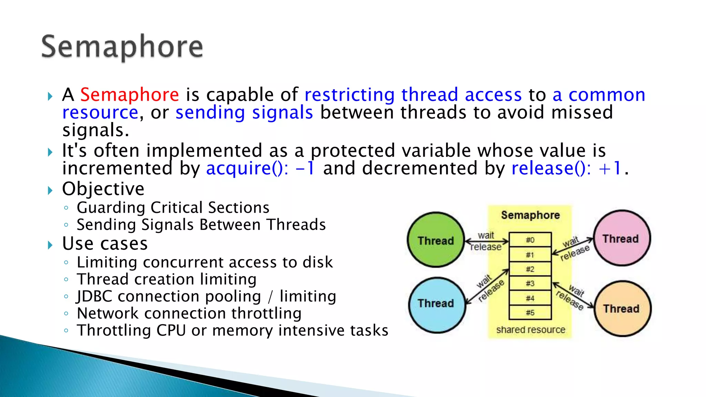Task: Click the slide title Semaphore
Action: coord(122,47)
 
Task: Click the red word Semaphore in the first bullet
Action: coord(130,94)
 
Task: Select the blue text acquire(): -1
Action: coord(260,168)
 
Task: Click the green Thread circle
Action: coord(436,240)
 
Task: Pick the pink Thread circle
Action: coord(621,238)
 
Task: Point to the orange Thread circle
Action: coord(622,308)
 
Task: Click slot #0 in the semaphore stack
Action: coord(530,240)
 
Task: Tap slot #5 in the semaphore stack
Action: coord(530,313)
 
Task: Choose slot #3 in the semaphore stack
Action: coord(530,283)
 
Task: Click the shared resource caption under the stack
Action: coord(531,330)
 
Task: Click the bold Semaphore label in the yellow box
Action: coord(530,215)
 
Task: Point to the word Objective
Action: coord(103,189)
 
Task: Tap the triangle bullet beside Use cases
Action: coord(50,245)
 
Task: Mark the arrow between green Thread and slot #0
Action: coord(486,241)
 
